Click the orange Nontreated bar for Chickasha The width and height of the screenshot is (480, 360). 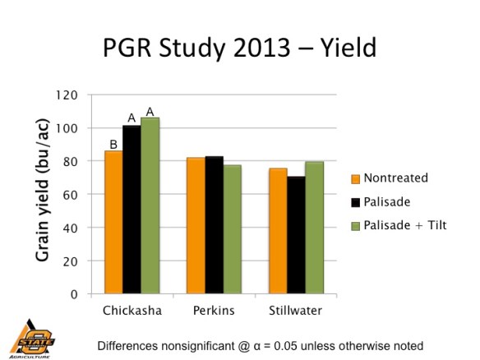pyautogui.click(x=113, y=222)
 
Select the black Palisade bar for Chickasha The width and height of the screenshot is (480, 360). pyautogui.click(x=132, y=210)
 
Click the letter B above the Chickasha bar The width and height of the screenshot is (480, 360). pyautogui.click(x=114, y=145)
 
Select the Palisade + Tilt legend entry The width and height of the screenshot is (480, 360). pyautogui.click(x=399, y=224)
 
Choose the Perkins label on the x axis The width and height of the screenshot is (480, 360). pyautogui.click(x=214, y=313)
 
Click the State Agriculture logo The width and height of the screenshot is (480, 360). pyautogui.click(x=31, y=337)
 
